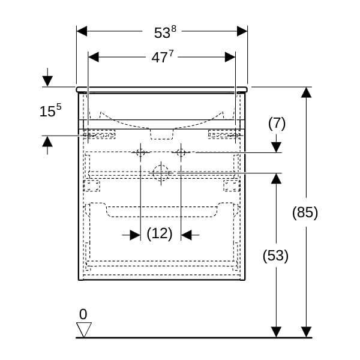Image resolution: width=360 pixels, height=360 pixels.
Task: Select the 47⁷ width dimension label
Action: [161, 58]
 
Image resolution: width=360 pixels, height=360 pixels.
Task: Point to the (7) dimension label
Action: [276, 124]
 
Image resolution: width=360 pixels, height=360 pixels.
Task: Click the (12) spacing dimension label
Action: [160, 234]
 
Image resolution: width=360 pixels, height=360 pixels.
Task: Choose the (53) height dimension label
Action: [276, 256]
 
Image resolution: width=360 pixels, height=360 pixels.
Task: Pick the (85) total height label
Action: [305, 212]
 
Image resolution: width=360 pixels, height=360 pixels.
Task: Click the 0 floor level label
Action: [83, 314]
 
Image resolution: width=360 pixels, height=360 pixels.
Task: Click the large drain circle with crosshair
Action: [161, 173]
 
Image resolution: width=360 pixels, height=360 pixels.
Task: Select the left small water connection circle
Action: [140, 152]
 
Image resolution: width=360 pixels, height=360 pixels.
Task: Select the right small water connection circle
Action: [181, 152]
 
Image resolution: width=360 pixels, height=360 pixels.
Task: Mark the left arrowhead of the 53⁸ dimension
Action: [82, 31]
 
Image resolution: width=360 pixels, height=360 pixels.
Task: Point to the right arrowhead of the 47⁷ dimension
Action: [230, 57]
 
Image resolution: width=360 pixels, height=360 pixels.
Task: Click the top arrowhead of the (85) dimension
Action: [306, 92]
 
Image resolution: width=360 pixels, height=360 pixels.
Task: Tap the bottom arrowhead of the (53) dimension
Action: [276, 331]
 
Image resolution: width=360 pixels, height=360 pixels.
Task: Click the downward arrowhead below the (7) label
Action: [276, 146]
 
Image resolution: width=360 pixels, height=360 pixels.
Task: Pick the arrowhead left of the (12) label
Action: [135, 235]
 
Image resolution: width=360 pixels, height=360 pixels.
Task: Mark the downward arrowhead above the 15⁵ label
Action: [47, 81]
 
